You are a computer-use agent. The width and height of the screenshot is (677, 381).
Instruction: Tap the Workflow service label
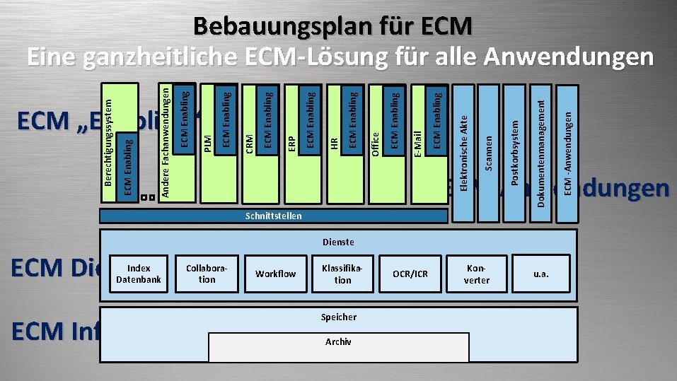pyautogui.click(x=275, y=274)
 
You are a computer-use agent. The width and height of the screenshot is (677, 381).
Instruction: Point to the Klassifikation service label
pyautogui.click(x=342, y=274)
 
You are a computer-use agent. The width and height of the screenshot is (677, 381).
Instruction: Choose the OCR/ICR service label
pyautogui.click(x=411, y=274)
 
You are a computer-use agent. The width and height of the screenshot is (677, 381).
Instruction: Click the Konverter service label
pyautogui.click(x=477, y=274)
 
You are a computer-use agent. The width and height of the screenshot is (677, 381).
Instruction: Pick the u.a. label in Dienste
pyautogui.click(x=541, y=274)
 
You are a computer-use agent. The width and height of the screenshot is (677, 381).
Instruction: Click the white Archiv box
pyautogui.click(x=338, y=346)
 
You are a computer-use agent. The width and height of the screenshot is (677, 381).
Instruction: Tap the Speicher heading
pyautogui.click(x=338, y=317)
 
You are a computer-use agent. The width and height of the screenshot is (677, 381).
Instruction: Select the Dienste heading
pyautogui.click(x=338, y=242)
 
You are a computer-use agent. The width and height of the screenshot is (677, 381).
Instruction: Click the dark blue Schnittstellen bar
pyautogui.click(x=273, y=216)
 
